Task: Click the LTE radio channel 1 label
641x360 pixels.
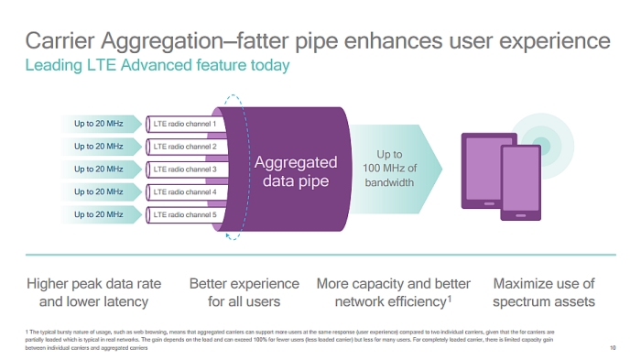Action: [185, 123]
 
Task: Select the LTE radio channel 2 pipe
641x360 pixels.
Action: [185, 146]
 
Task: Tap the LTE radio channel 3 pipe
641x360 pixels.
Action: [185, 169]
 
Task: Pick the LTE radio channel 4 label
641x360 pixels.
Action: [185, 191]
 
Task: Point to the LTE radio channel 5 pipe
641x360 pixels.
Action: [185, 214]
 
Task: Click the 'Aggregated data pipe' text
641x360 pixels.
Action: [295, 171]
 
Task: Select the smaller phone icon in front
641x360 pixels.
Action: [520, 183]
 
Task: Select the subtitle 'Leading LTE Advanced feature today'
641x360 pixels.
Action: [157, 65]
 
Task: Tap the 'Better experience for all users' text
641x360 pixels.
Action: [244, 292]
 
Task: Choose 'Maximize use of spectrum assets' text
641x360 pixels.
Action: [543, 292]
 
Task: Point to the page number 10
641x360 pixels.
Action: [612, 348]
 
